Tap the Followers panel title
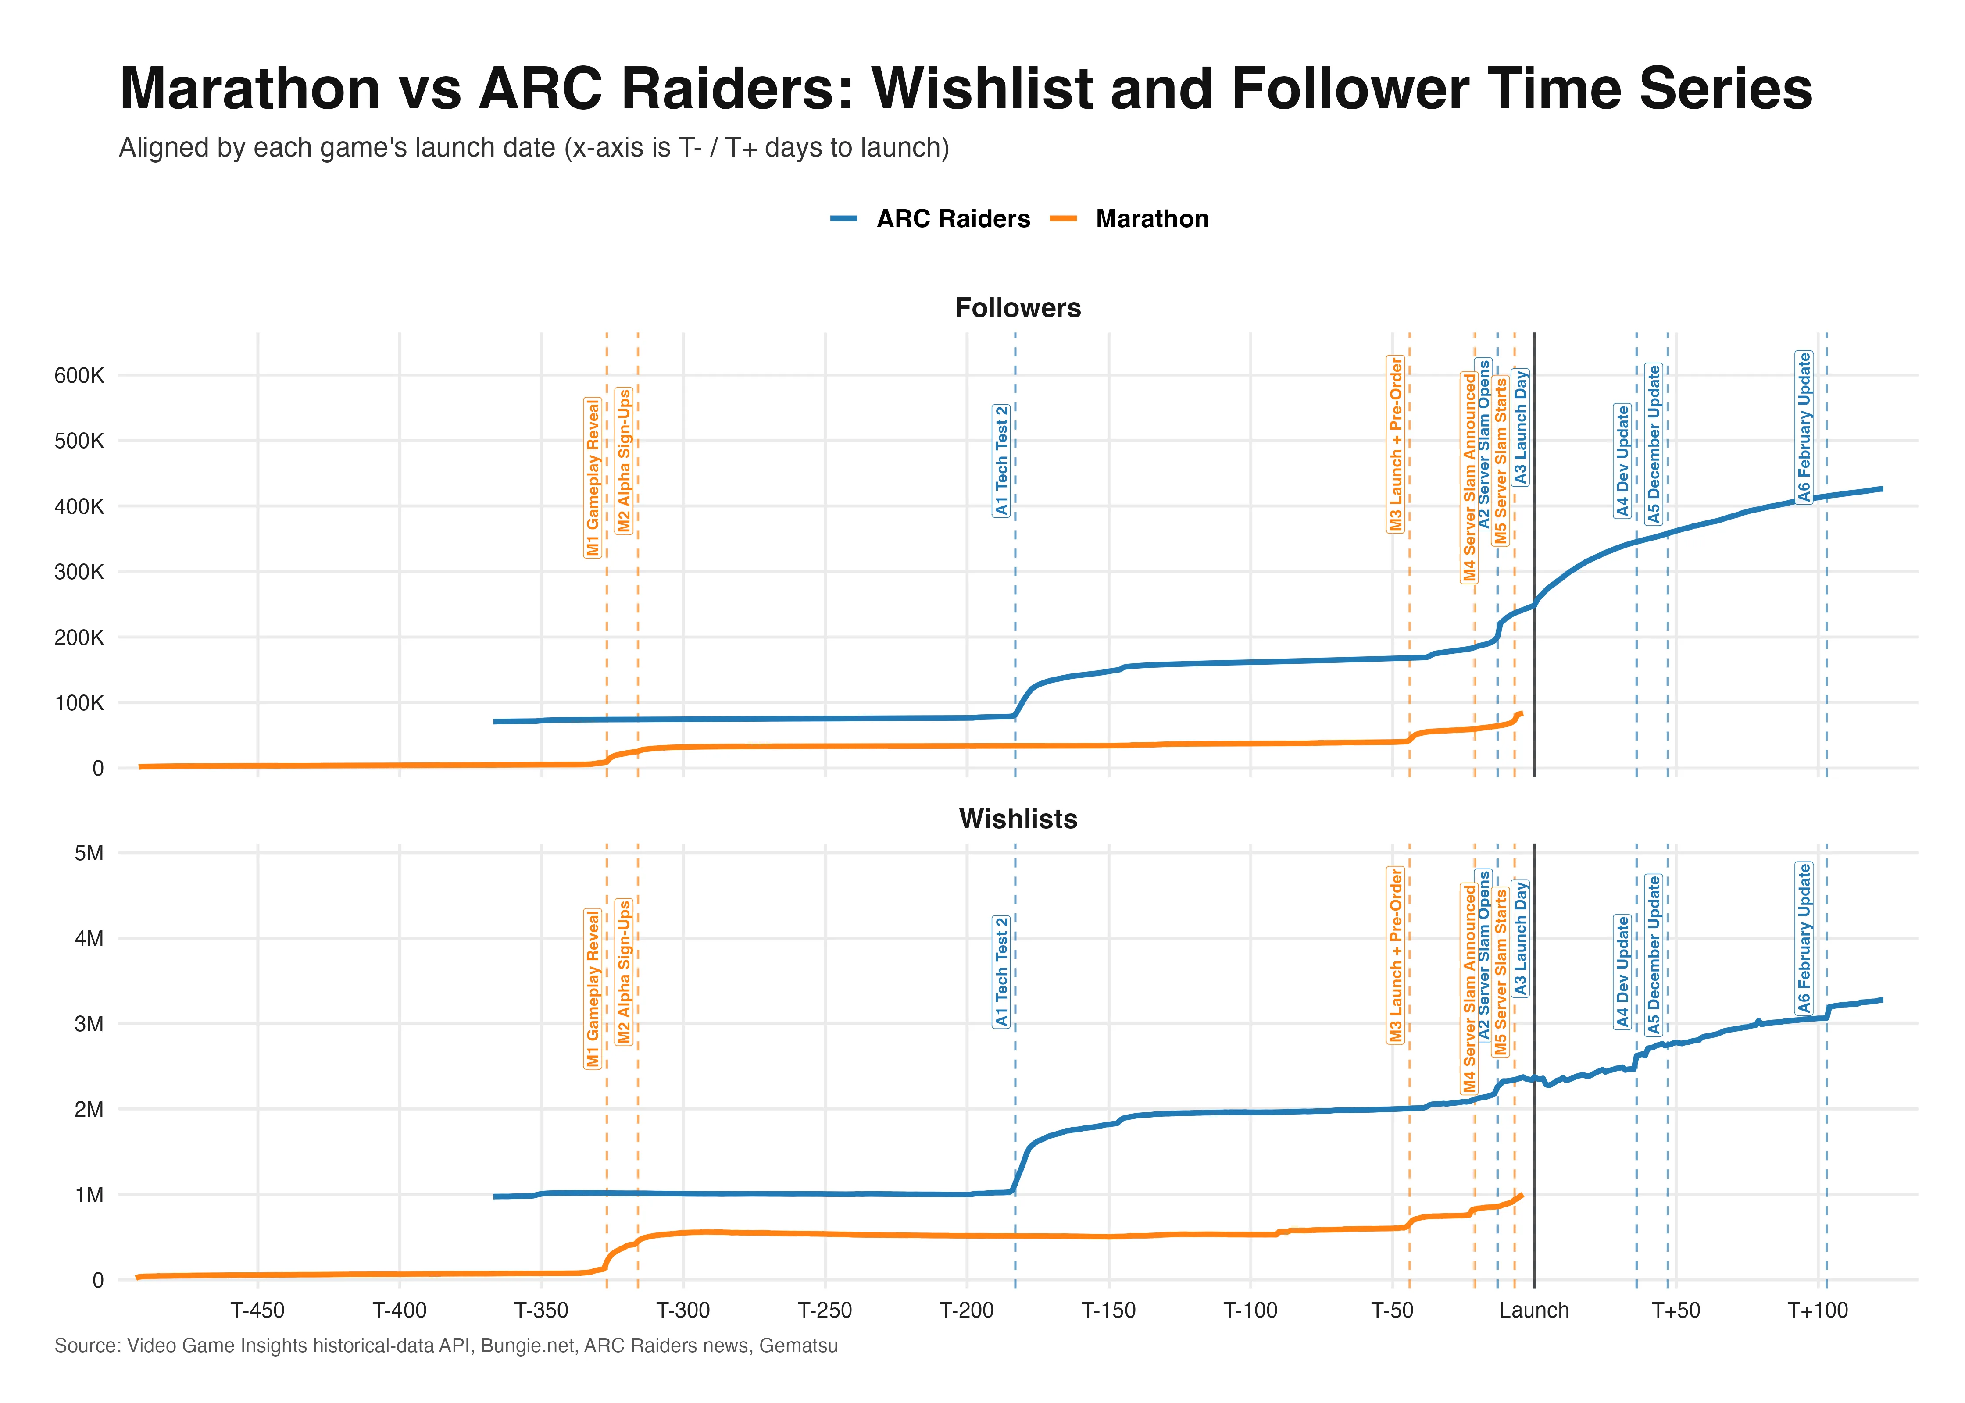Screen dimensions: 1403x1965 pyautogui.click(x=1017, y=308)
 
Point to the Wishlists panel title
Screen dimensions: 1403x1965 pyautogui.click(x=1017, y=819)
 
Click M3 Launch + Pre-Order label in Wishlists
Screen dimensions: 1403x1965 pyautogui.click(x=1396, y=955)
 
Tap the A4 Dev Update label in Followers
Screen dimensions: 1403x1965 pyautogui.click(x=1622, y=460)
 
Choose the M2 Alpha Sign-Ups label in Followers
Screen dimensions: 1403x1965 pyautogui.click(x=624, y=460)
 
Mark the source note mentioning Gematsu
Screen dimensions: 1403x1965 pyautogui.click(x=446, y=1346)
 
